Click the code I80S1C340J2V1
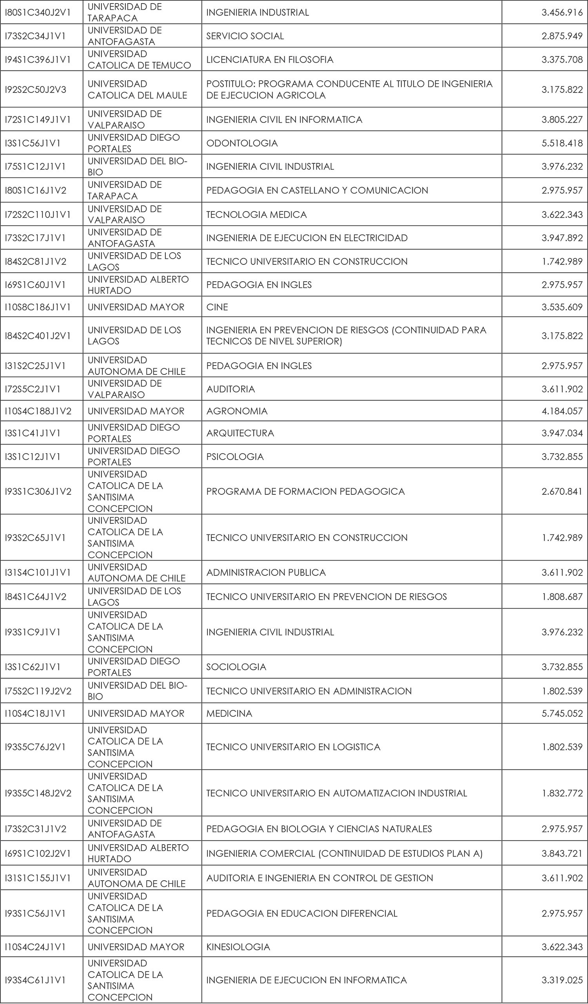(38, 13)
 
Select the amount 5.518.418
(562, 143)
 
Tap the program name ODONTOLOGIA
(241, 143)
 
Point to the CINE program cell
(217, 307)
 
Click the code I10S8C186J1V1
(38, 307)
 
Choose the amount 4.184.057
(562, 411)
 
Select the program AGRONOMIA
(237, 411)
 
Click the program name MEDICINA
(229, 713)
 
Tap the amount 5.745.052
(562, 713)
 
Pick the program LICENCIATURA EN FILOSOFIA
(269, 60)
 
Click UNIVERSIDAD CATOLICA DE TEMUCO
(139, 60)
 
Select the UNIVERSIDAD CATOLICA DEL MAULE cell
(137, 90)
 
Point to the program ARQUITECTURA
(240, 433)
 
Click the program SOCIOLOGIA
(236, 667)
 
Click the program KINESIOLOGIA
(238, 947)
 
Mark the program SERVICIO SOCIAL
(245, 36)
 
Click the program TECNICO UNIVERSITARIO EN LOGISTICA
(293, 747)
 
